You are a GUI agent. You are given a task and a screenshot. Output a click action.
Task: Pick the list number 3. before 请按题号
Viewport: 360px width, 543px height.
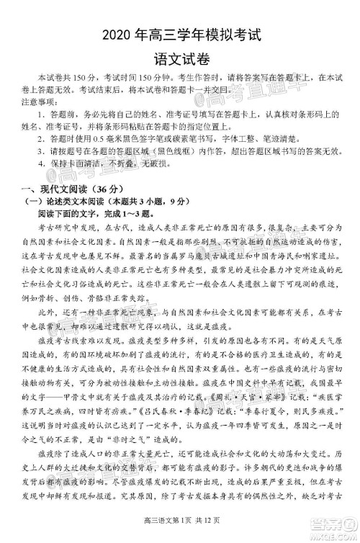[x=45, y=149]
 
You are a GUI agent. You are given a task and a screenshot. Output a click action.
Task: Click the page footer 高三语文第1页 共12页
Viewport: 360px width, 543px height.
[x=180, y=532]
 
